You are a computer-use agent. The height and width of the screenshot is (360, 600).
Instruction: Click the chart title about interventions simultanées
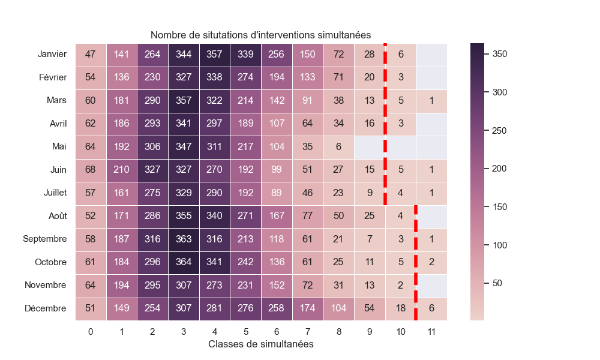click(260, 35)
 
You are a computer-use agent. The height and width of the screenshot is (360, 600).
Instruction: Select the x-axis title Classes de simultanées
click(260, 344)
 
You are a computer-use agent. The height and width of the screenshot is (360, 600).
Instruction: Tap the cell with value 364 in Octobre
click(184, 262)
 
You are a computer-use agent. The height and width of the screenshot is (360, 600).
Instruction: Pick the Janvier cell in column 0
click(91, 55)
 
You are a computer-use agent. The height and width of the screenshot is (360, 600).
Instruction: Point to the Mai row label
click(59, 147)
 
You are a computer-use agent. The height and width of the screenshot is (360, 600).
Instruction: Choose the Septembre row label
click(45, 239)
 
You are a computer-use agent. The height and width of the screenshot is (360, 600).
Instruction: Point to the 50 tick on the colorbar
click(497, 283)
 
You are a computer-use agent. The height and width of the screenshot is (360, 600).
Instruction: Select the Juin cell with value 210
click(122, 170)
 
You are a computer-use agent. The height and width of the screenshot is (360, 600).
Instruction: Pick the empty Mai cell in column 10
click(400, 147)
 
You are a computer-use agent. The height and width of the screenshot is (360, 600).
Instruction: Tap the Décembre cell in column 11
click(431, 308)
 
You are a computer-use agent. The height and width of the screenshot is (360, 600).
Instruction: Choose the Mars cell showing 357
click(184, 101)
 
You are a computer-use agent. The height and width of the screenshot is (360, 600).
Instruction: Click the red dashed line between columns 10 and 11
click(416, 262)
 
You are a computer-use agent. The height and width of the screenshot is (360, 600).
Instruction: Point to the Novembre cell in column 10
click(400, 285)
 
